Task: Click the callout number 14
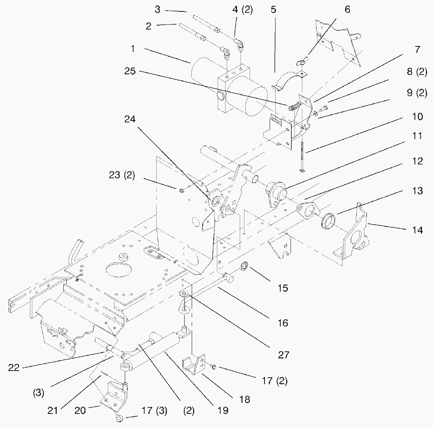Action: [x=415, y=230]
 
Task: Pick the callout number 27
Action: [x=283, y=355]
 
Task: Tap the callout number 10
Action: [x=415, y=117]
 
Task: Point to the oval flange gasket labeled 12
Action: [x=309, y=209]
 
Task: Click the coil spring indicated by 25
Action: [x=294, y=105]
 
